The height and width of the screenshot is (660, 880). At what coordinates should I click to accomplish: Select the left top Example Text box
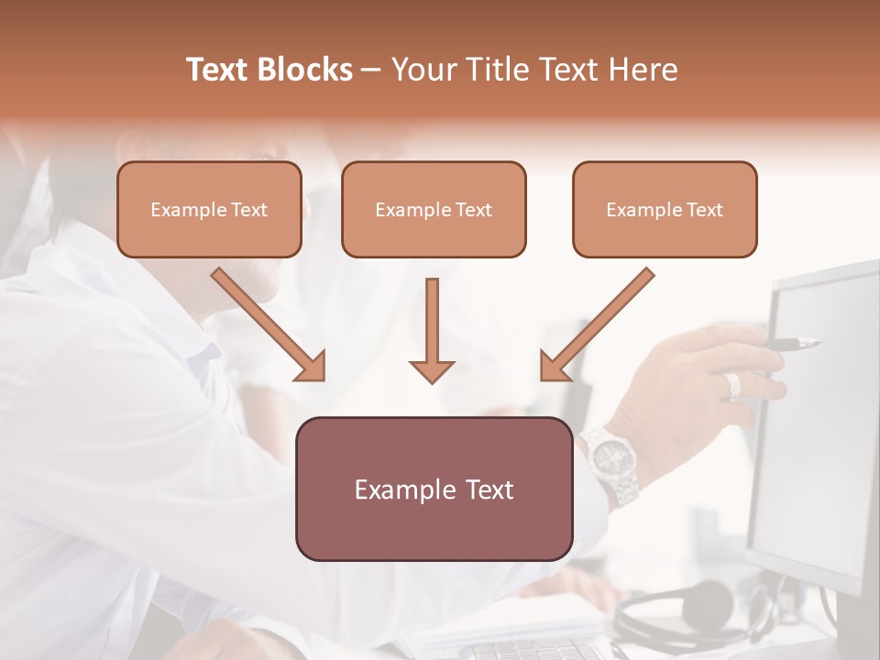[x=209, y=209]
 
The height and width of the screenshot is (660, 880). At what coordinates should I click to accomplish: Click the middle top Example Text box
[x=434, y=209]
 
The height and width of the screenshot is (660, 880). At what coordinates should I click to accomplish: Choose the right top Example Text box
[x=665, y=209]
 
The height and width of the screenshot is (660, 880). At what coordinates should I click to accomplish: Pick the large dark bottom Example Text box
[x=434, y=489]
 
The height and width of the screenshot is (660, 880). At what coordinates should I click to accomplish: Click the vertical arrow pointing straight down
[x=432, y=330]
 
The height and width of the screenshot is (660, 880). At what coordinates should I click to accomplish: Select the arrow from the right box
[x=597, y=324]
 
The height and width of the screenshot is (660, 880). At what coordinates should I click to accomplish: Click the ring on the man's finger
[x=732, y=385]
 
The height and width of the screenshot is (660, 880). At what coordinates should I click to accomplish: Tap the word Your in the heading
[x=422, y=70]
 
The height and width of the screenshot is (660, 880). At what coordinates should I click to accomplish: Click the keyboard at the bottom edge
[x=532, y=650]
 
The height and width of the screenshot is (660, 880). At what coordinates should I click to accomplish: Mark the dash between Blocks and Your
[x=371, y=70]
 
